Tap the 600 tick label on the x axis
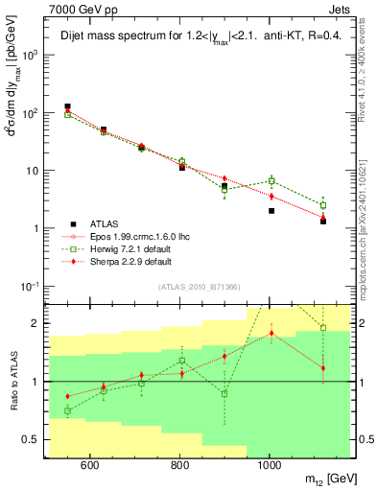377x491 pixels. click(89, 466)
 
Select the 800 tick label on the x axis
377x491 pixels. click(179, 466)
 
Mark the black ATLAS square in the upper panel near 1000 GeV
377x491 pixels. click(271, 211)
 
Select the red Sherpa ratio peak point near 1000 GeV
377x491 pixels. click(271, 334)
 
